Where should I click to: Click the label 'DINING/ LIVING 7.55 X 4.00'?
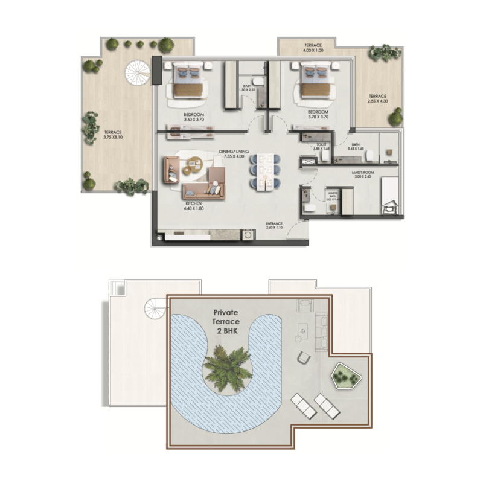tap(233, 155)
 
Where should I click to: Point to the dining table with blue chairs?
tap(264, 172)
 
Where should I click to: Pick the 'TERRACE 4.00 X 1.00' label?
tap(313, 48)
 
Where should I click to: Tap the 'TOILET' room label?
tap(322, 147)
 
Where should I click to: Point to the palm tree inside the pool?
tap(228, 366)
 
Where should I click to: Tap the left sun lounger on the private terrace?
tap(304, 406)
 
